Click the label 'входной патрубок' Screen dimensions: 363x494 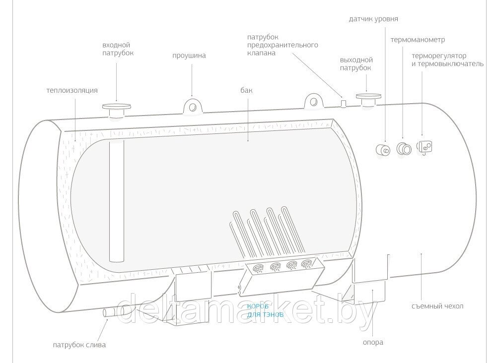(118, 49)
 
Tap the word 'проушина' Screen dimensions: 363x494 (189, 56)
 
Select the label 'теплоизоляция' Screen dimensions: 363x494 (72, 91)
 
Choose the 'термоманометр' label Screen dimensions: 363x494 (418, 39)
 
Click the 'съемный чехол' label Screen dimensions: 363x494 (437, 306)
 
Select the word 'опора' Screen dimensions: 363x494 (373, 342)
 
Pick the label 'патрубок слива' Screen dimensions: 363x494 (79, 345)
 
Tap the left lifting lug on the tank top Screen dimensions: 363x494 (193, 106)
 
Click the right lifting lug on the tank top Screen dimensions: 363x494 (313, 101)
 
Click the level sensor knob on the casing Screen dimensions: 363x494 (382, 149)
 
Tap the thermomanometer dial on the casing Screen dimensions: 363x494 (404, 148)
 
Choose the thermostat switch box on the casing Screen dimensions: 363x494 (425, 146)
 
